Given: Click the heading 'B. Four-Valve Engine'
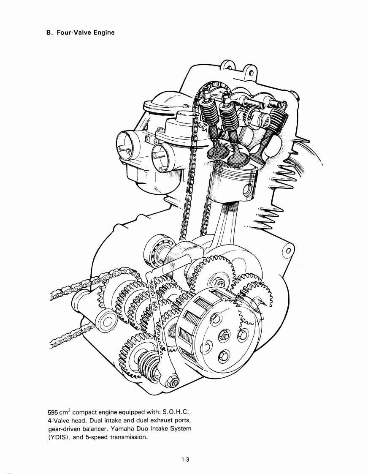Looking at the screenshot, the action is click(x=80, y=33).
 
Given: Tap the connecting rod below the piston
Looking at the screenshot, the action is click(x=224, y=224).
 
